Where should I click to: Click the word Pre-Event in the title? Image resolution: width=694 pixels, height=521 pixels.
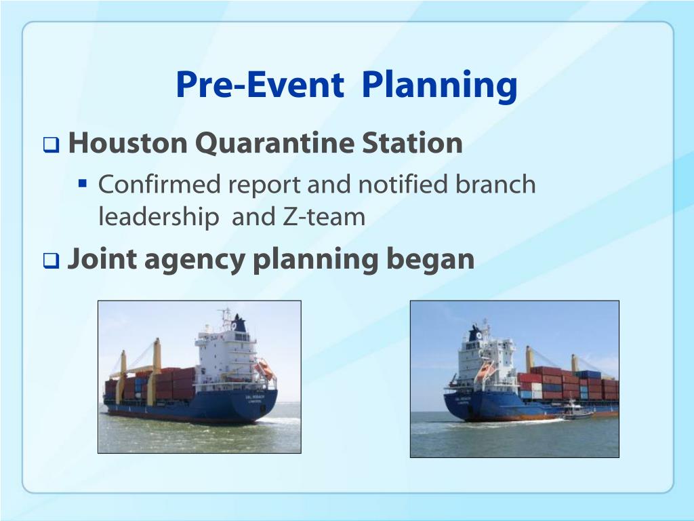tap(260, 85)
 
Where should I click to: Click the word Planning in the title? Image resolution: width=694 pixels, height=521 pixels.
tap(439, 86)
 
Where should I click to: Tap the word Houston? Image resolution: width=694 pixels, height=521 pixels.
tap(128, 142)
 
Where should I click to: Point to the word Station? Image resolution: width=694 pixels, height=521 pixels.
tap(412, 142)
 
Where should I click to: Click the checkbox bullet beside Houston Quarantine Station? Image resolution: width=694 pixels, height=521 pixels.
tap(51, 144)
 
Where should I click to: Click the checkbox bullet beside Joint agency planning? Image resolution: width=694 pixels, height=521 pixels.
tap(51, 260)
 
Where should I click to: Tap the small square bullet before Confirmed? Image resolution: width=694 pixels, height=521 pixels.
tap(82, 183)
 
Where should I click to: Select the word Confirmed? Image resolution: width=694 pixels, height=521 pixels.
tap(159, 184)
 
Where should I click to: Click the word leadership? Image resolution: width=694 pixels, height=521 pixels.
tap(159, 217)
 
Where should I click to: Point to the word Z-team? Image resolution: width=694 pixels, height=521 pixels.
tap(323, 217)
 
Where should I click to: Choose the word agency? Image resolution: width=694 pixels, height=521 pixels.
tap(195, 260)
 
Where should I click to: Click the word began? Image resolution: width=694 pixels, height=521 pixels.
tap(430, 260)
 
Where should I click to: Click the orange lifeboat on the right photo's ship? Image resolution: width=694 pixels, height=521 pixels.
tap(484, 371)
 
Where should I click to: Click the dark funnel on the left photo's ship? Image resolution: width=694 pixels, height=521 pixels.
tap(239, 324)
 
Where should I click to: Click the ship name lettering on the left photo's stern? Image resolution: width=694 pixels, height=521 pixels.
tap(255, 397)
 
